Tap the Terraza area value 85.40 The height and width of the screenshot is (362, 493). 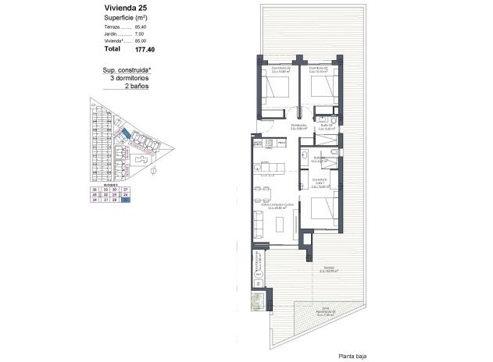pyautogui.click(x=141, y=27)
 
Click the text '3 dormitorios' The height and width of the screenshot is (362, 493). pyautogui.click(x=130, y=78)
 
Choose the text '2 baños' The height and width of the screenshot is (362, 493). pyautogui.click(x=137, y=86)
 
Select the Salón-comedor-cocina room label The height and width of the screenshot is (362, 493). pyautogui.click(x=270, y=207)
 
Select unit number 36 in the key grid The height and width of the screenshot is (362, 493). pyautogui.click(x=94, y=190)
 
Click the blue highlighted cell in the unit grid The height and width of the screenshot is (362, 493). pyautogui.click(x=126, y=200)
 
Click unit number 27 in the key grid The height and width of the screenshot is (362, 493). pyautogui.click(x=126, y=190)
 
